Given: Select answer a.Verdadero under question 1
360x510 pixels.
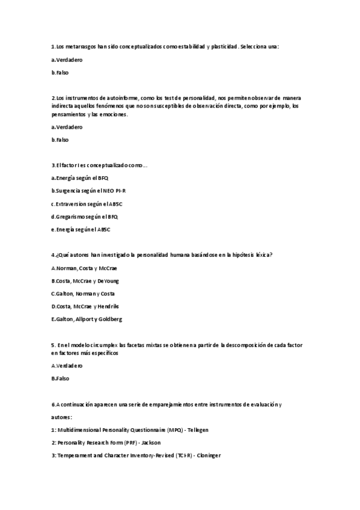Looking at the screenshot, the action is click(x=67, y=60).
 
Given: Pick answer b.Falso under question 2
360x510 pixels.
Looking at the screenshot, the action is click(x=60, y=140).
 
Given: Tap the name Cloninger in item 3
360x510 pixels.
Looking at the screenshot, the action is click(x=207, y=455).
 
